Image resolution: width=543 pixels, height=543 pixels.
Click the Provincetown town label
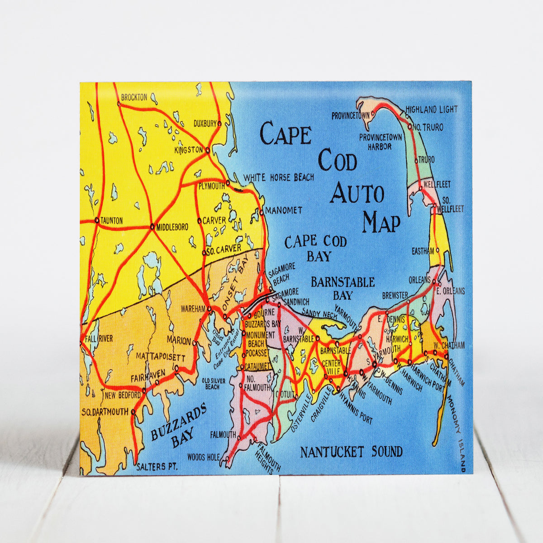[x=351, y=116]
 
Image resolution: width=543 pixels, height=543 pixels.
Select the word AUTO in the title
[x=357, y=193]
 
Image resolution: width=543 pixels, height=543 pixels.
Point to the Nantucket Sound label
[x=351, y=452]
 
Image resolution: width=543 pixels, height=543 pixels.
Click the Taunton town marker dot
[x=97, y=220]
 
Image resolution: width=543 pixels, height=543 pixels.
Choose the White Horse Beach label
[x=278, y=177]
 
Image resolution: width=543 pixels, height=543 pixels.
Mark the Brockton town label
[x=134, y=97]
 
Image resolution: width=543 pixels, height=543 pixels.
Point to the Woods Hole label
[x=203, y=457]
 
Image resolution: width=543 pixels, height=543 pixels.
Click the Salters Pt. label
[x=157, y=467]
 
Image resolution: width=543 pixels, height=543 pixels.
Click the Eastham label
[x=423, y=250]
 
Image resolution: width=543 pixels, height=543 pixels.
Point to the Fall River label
[x=98, y=338]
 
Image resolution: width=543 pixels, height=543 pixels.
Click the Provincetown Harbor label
[x=381, y=141]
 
